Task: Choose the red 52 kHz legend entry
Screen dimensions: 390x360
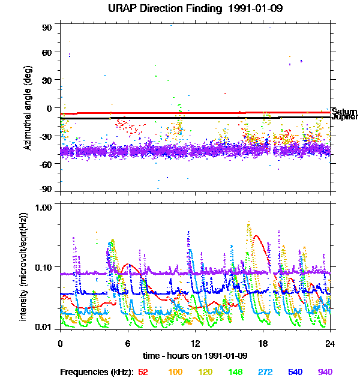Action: pos(143,372)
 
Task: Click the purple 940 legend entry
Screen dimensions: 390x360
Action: pos(325,372)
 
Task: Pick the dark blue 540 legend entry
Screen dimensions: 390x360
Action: pos(295,372)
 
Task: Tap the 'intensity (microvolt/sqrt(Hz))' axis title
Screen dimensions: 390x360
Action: pos(24,265)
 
